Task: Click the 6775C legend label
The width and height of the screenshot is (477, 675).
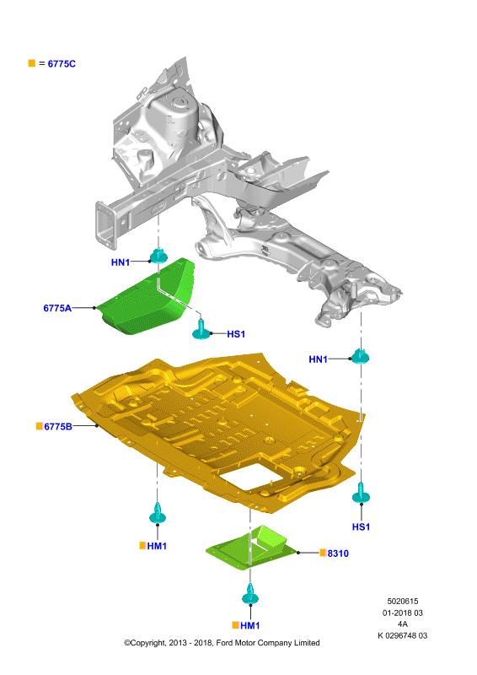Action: pos(62,64)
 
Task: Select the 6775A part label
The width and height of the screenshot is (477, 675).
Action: pos(57,308)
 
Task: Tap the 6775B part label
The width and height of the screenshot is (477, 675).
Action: pos(58,427)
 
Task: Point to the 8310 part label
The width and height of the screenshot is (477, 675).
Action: pos(338,553)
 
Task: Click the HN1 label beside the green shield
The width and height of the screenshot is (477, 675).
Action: pos(121,262)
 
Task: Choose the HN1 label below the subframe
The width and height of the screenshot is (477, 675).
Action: pos(319,359)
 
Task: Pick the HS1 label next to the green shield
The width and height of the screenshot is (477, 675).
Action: pos(236,334)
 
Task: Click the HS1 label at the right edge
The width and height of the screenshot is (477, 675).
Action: pos(361,526)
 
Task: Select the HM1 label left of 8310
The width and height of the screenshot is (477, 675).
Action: pos(157,546)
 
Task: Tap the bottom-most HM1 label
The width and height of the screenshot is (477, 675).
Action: pos(250,625)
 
